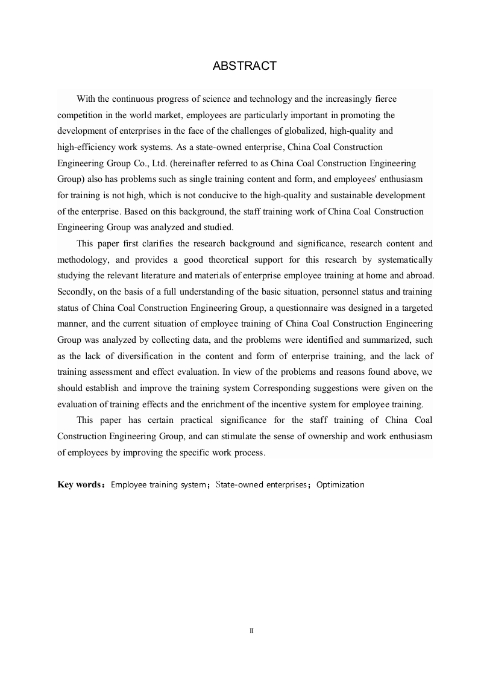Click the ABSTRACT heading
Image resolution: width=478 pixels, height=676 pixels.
(x=245, y=66)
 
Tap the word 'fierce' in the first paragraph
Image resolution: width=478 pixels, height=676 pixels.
(x=385, y=99)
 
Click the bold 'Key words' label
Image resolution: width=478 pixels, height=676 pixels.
(x=79, y=484)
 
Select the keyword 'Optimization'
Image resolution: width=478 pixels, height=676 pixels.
(x=341, y=484)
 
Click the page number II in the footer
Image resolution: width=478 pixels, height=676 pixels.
(x=251, y=631)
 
